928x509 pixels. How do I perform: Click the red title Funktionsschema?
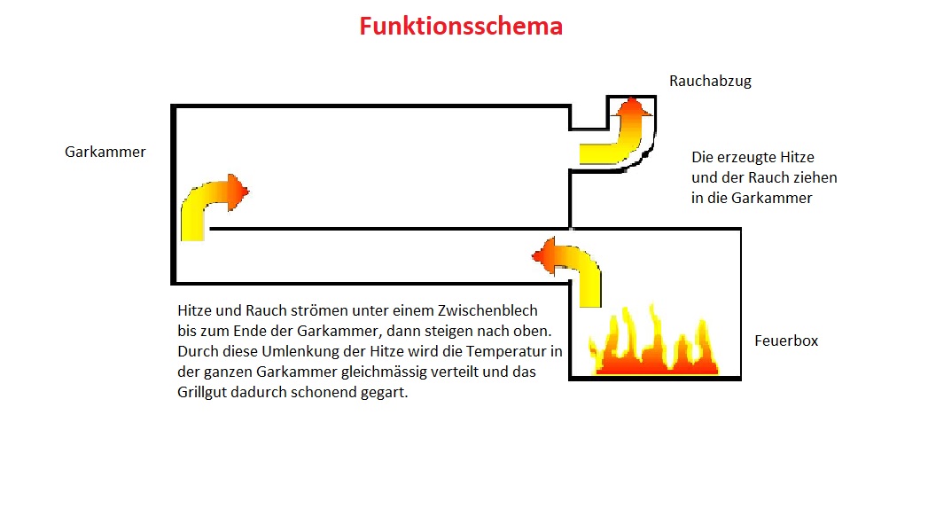461,27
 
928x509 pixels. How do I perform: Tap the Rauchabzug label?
710,81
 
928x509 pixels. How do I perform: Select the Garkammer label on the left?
105,152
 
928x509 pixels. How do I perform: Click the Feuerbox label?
786,341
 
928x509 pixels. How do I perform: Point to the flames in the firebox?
656,346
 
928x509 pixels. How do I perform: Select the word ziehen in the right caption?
815,177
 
